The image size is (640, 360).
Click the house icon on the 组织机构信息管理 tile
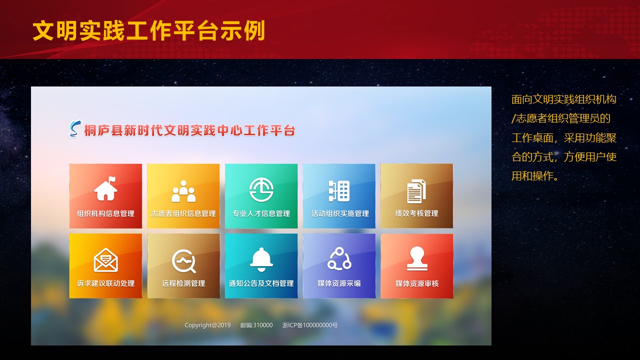[105, 188]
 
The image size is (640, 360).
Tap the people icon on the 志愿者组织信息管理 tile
[183, 191]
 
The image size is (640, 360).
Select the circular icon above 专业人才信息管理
[261, 189]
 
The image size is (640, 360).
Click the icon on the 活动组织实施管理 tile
[339, 191]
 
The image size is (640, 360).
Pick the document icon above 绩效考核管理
[416, 191]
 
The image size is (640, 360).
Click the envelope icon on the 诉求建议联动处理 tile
[105, 260]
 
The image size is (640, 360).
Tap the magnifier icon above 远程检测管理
[183, 261]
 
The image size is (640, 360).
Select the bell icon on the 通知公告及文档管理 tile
[261, 259]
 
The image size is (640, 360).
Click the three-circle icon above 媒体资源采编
[339, 258]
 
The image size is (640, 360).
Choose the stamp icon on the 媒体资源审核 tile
[417, 258]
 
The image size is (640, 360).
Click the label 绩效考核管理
[416, 213]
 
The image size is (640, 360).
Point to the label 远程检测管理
[183, 283]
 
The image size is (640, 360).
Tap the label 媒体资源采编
[339, 283]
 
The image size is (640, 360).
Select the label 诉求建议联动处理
[105, 283]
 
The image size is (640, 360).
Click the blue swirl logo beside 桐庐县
[75, 129]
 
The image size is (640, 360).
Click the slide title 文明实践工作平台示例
[149, 30]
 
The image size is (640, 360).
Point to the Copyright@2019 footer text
[207, 325]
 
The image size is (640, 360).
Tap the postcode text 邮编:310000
[256, 325]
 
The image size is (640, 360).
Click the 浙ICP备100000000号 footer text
[310, 325]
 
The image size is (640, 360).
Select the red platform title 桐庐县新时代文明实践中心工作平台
[189, 130]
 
